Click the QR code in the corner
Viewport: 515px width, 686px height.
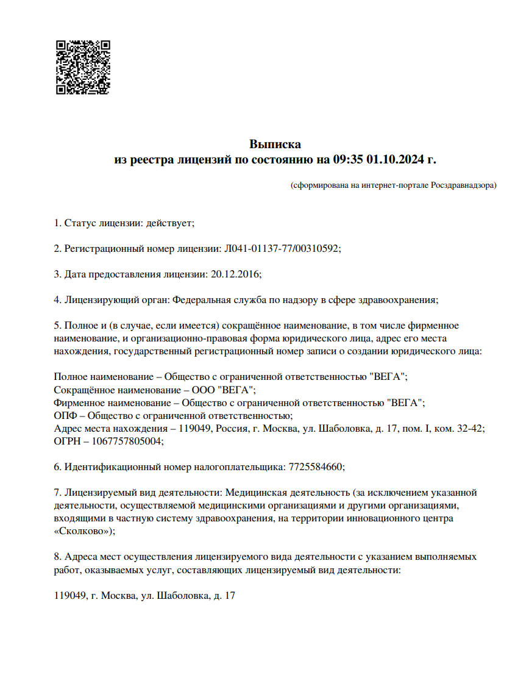(83, 67)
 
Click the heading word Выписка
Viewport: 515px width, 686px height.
(275, 145)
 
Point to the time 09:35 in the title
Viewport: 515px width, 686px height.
(348, 160)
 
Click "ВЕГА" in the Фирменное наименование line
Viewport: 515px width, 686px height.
(405, 402)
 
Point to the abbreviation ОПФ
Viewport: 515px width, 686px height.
(64, 416)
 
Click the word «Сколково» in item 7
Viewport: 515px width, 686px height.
(82, 531)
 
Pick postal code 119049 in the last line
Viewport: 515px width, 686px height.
(70, 595)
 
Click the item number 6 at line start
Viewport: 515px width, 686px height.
(57, 467)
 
